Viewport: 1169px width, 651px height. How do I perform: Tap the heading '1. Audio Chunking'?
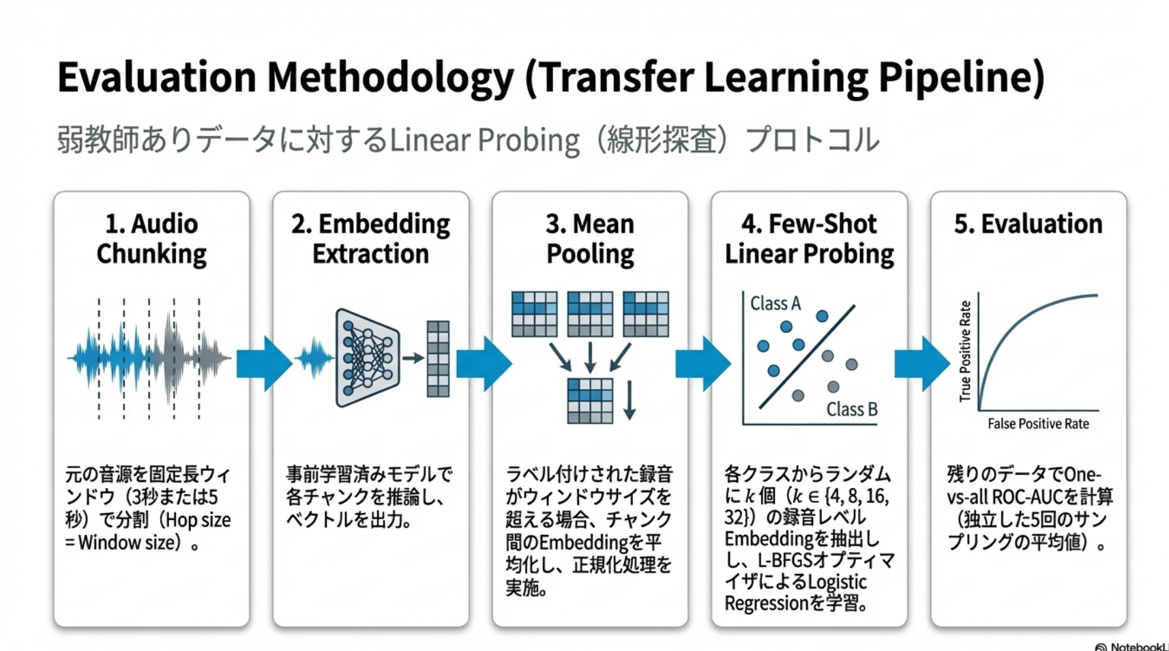tap(151, 239)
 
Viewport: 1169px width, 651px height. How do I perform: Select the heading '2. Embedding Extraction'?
tap(370, 239)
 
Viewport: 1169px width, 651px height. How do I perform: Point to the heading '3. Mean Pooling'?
tap(590, 239)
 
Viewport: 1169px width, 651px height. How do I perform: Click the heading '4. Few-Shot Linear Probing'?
tap(809, 239)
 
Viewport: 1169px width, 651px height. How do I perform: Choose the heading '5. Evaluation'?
tap(1028, 224)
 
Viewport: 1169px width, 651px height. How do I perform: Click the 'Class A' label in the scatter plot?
tap(775, 303)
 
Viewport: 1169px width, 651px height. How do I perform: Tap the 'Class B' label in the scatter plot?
tap(852, 409)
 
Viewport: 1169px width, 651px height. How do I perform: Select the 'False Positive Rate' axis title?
tap(1038, 424)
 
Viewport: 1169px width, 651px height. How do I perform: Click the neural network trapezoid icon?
tap(368, 358)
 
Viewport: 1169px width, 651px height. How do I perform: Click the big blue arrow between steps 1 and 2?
tap(264, 364)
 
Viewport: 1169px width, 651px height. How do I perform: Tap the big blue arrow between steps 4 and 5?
tap(922, 364)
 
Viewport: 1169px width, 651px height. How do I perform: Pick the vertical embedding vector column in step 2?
tap(438, 359)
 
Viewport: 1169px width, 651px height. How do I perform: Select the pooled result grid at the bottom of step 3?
tap(590, 401)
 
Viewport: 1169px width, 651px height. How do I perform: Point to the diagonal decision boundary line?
tap(807, 357)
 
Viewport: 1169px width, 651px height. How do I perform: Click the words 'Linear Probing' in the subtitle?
tap(485, 141)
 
